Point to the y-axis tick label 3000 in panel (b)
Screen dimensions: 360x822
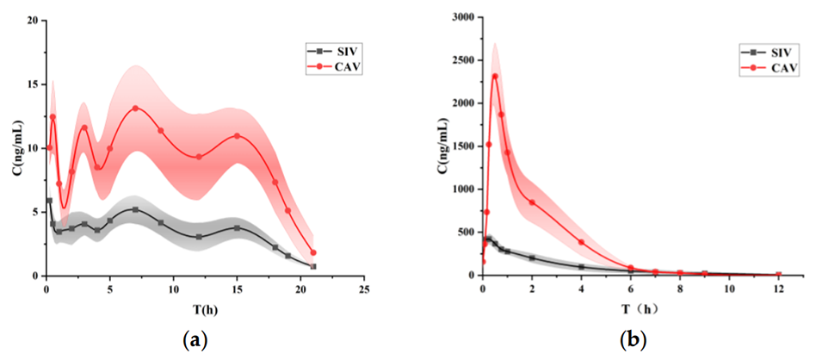tap(458, 17)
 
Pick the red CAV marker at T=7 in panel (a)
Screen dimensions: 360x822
tap(135, 109)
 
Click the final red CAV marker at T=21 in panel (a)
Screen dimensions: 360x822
tap(313, 252)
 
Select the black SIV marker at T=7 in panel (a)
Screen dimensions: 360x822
tap(135, 209)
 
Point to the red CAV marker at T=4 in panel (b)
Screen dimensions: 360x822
tap(581, 242)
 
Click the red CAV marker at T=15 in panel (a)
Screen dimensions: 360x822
tap(237, 136)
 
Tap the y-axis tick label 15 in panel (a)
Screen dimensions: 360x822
tap(32, 84)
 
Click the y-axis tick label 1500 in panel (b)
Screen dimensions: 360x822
tap(458, 146)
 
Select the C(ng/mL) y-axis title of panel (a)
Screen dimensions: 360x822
tap(15, 146)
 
